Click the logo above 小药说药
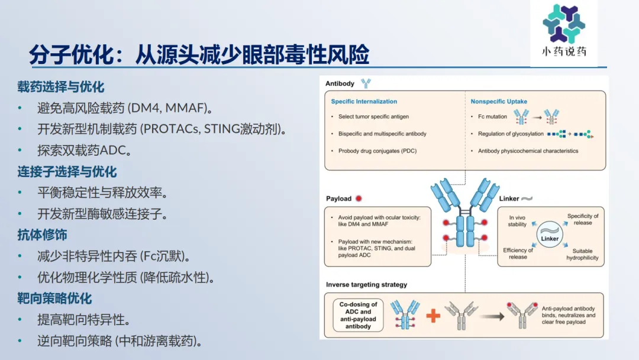(564, 23)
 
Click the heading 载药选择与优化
(61, 87)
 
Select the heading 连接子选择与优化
(67, 172)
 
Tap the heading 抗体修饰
(42, 235)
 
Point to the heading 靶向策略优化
(54, 298)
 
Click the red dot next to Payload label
(359, 198)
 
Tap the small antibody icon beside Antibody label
(366, 83)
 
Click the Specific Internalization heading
(364, 101)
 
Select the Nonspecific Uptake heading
(499, 101)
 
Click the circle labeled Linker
(550, 234)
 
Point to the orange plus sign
(433, 316)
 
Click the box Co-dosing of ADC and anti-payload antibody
(358, 315)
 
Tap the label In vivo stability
(517, 221)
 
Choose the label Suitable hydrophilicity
(582, 255)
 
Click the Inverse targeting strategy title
(366, 285)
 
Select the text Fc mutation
(492, 117)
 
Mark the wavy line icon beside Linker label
(527, 198)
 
